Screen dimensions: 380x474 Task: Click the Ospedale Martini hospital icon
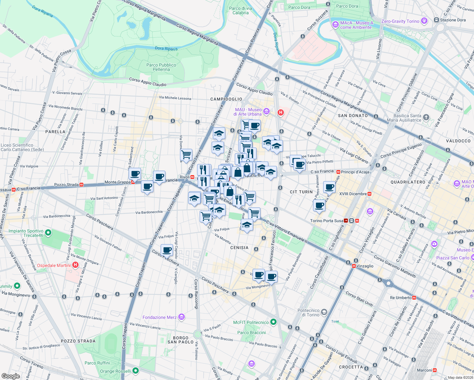pyautogui.click(x=75, y=265)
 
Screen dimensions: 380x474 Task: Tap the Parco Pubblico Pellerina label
pyautogui.click(x=161, y=67)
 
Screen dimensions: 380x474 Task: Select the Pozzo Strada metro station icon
pyautogui.click(x=82, y=185)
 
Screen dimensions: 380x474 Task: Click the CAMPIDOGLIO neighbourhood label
pyautogui.click(x=226, y=99)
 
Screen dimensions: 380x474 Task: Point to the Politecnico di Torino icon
pyautogui.click(x=324, y=312)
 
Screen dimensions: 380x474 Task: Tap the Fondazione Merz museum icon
pyautogui.click(x=181, y=317)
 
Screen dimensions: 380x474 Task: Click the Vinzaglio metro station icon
pyautogui.click(x=354, y=266)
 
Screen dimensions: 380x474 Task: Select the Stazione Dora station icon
pyautogui.click(x=436, y=20)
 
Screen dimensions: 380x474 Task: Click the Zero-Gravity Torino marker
pyautogui.click(x=424, y=21)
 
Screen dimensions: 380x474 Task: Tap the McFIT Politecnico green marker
pyautogui.click(x=273, y=322)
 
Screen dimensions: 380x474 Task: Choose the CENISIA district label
pyautogui.click(x=239, y=248)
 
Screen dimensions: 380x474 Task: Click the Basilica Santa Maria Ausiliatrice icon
pyautogui.click(x=426, y=117)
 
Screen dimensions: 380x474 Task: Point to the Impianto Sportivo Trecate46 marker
pyautogui.click(x=48, y=233)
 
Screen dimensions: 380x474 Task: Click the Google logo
pyautogui.click(x=10, y=376)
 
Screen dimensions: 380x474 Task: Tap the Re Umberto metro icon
pyautogui.click(x=414, y=298)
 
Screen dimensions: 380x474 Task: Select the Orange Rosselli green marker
pyautogui.click(x=136, y=370)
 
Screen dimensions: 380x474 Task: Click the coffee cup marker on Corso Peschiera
pyautogui.click(x=167, y=250)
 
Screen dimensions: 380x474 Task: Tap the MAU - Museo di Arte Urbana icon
pyautogui.click(x=266, y=111)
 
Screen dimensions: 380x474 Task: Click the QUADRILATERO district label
pyautogui.click(x=408, y=182)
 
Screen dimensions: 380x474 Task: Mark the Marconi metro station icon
pyautogui.click(x=435, y=370)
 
